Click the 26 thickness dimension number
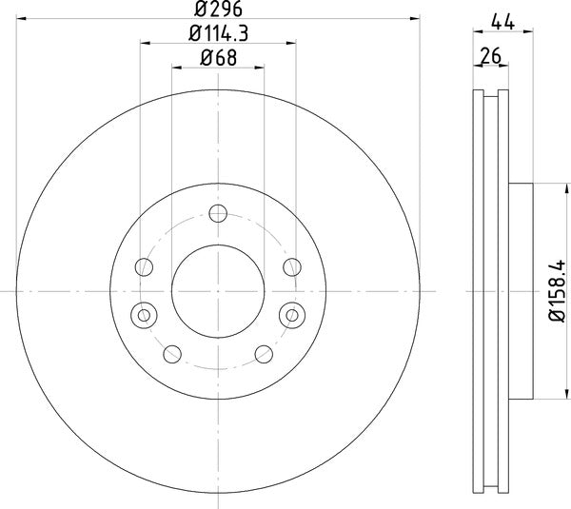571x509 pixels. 491,57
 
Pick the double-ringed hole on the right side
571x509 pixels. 290,312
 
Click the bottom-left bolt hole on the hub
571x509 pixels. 172,355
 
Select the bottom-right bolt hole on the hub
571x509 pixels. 263,355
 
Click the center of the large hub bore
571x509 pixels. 218,289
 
